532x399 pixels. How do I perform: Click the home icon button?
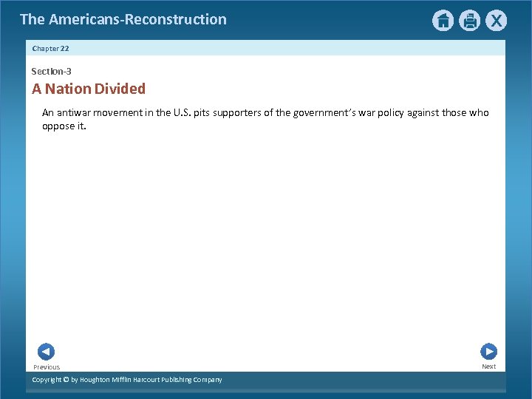443,21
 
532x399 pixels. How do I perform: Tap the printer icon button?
469,21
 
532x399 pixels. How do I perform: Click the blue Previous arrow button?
46,352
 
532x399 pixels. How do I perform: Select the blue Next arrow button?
488,352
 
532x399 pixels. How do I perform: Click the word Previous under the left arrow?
47,367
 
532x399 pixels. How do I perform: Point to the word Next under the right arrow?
489,366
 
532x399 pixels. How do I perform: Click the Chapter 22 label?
50,48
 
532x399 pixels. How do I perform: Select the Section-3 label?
51,72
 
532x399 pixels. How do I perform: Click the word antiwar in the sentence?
74,113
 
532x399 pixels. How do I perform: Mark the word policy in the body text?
400,113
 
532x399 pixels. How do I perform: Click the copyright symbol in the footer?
66,380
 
